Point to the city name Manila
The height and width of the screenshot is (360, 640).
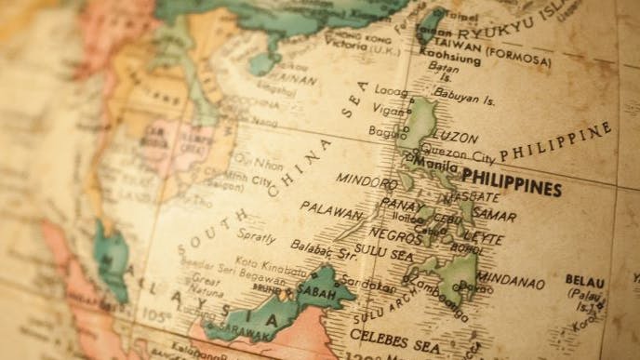click(437, 166)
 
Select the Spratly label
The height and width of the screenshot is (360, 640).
click(257, 237)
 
